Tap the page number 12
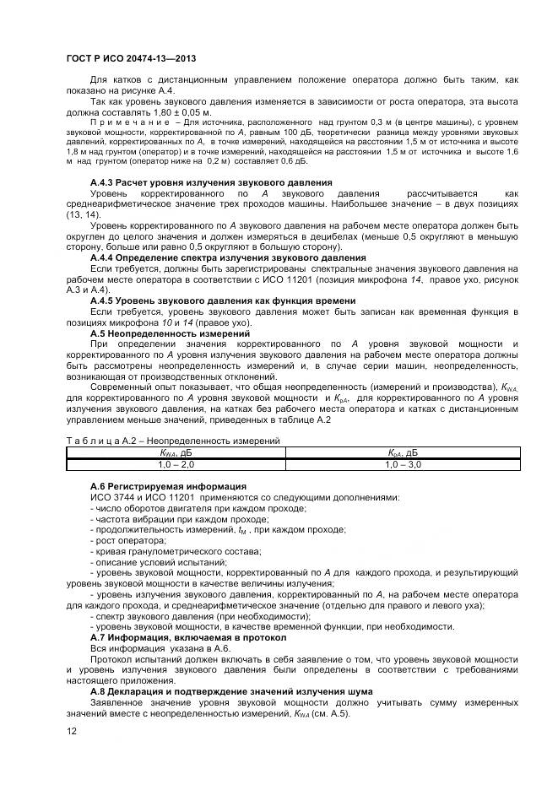[71, 731]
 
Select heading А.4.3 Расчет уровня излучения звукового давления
[210, 182]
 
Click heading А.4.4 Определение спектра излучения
[228, 257]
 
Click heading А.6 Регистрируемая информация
[168, 486]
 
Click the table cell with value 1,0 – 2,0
[176, 464]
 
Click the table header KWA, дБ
[176, 453]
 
